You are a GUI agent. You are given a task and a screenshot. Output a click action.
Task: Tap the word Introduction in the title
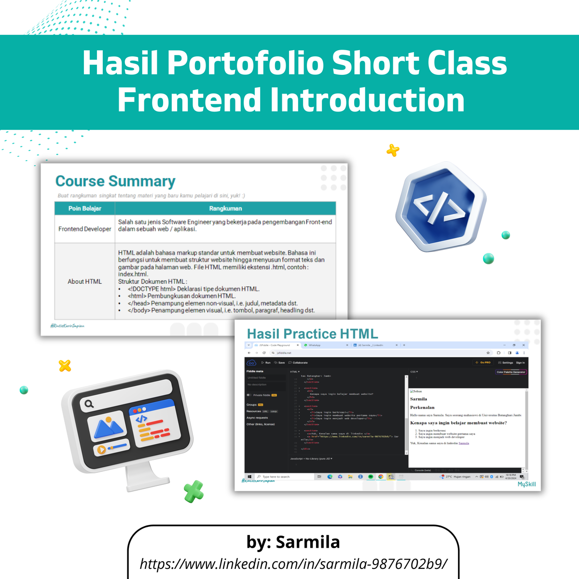[367, 100]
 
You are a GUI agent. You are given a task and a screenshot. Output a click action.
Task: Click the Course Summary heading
[115, 181]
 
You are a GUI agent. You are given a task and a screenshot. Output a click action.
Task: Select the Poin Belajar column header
[85, 208]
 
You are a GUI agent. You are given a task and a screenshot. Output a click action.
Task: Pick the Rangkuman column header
[225, 208]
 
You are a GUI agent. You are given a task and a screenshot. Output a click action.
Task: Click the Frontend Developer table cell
[85, 229]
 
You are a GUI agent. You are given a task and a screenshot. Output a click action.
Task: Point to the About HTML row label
[85, 281]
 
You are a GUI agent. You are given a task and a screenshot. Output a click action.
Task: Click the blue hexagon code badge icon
[441, 207]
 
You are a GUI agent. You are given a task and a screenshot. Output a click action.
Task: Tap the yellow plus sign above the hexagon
[393, 151]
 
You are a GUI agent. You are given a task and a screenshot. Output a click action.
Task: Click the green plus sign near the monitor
[193, 491]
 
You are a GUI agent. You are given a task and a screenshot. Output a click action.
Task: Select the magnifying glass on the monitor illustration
[89, 404]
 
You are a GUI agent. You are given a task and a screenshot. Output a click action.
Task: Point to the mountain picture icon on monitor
[109, 427]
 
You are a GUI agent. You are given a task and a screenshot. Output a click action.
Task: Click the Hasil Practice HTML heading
[312, 334]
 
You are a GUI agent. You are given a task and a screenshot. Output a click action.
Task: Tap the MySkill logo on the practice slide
[526, 484]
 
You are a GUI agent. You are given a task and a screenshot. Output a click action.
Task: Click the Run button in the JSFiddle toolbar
[266, 362]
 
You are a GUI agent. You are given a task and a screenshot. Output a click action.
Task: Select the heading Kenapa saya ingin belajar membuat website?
[458, 423]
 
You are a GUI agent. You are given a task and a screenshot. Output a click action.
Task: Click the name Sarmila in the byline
[307, 542]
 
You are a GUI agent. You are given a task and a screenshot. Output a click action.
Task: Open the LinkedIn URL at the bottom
[293, 564]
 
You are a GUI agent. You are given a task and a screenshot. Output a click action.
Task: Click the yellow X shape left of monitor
[65, 366]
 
